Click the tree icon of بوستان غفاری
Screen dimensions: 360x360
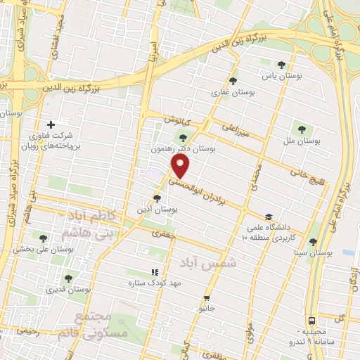point(233,80)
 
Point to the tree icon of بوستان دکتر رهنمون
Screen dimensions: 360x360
point(184,138)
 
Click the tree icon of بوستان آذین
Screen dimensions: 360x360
point(157,198)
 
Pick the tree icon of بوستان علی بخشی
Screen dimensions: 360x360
point(44,238)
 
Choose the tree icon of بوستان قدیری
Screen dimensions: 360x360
point(68,278)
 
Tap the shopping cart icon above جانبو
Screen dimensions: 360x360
point(206,297)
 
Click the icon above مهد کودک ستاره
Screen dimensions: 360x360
point(155,272)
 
